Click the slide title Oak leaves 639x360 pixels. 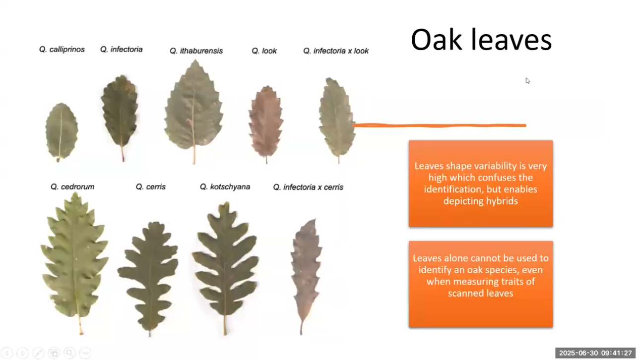[481, 40]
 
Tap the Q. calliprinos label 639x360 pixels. [62, 50]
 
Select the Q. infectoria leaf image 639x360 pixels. [120, 112]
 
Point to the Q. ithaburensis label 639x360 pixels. [196, 51]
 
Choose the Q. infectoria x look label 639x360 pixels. [336, 51]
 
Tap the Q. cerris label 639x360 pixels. [151, 187]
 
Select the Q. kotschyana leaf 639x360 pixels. [226, 263]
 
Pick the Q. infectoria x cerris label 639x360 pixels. [308, 187]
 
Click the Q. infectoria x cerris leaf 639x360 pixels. [306, 268]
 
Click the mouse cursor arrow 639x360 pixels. [527, 80]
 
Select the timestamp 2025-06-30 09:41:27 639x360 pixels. [595, 353]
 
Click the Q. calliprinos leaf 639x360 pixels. [62, 131]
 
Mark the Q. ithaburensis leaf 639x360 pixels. [194, 109]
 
